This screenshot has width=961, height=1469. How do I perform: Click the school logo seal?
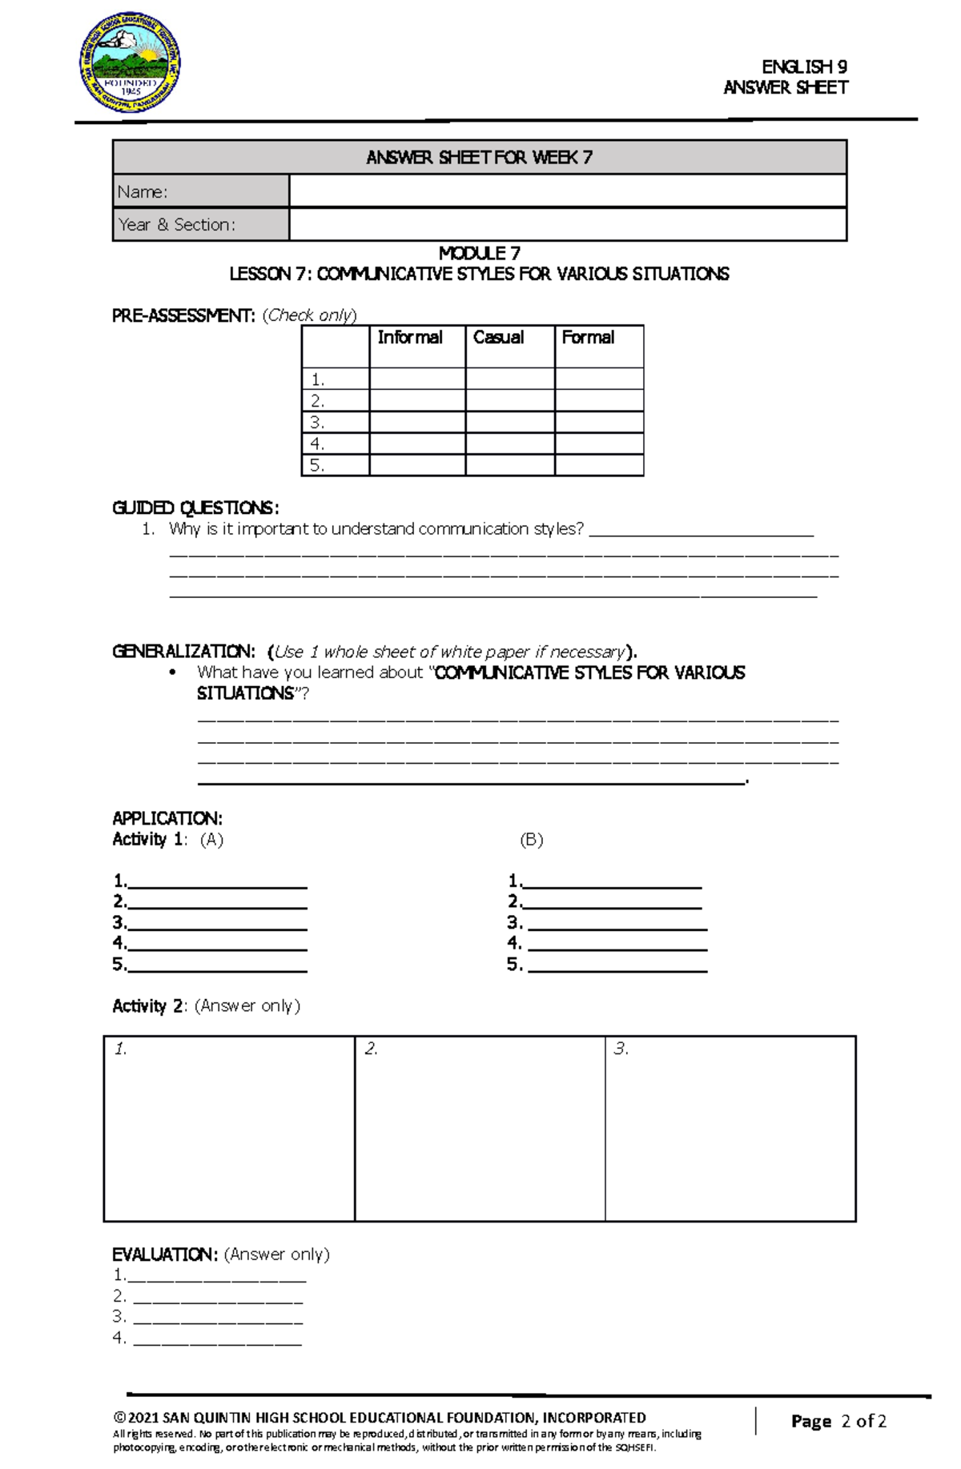coord(130,62)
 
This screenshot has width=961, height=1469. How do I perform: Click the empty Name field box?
coord(567,191)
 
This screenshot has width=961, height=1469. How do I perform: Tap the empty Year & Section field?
coord(567,225)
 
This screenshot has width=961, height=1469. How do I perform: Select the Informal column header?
coord(410,338)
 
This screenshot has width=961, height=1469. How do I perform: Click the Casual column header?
coord(498,338)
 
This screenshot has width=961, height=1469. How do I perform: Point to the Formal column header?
coord(588,338)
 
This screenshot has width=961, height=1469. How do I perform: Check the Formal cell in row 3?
coord(599,422)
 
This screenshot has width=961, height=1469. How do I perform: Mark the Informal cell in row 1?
coord(417,379)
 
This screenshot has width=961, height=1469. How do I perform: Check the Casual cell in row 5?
coord(509,465)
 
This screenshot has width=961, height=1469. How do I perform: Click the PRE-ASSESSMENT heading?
coord(183,315)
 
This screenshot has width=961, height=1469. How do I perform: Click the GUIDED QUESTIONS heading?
coord(195,508)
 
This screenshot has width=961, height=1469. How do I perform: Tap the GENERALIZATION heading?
coord(183,651)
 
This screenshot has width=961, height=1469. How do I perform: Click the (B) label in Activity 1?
coord(531,840)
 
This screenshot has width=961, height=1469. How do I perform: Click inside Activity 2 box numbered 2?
coord(479,1129)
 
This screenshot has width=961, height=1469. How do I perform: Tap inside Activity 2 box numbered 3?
coord(730,1129)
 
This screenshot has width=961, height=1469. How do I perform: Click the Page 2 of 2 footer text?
coord(838,1421)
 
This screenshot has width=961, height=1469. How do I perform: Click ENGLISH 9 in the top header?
coord(804,66)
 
